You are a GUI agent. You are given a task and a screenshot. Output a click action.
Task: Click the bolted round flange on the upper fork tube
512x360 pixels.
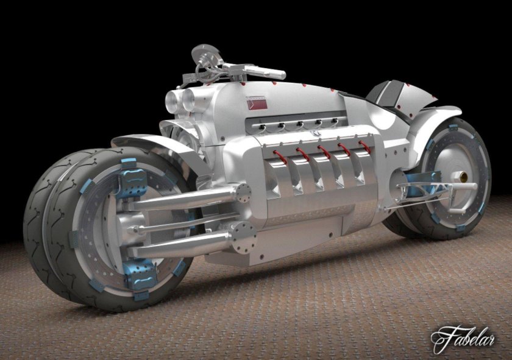243,192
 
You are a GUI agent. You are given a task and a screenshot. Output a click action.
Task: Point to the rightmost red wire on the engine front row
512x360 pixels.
364,146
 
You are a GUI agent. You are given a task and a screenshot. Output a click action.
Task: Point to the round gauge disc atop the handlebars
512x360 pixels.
202,52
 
